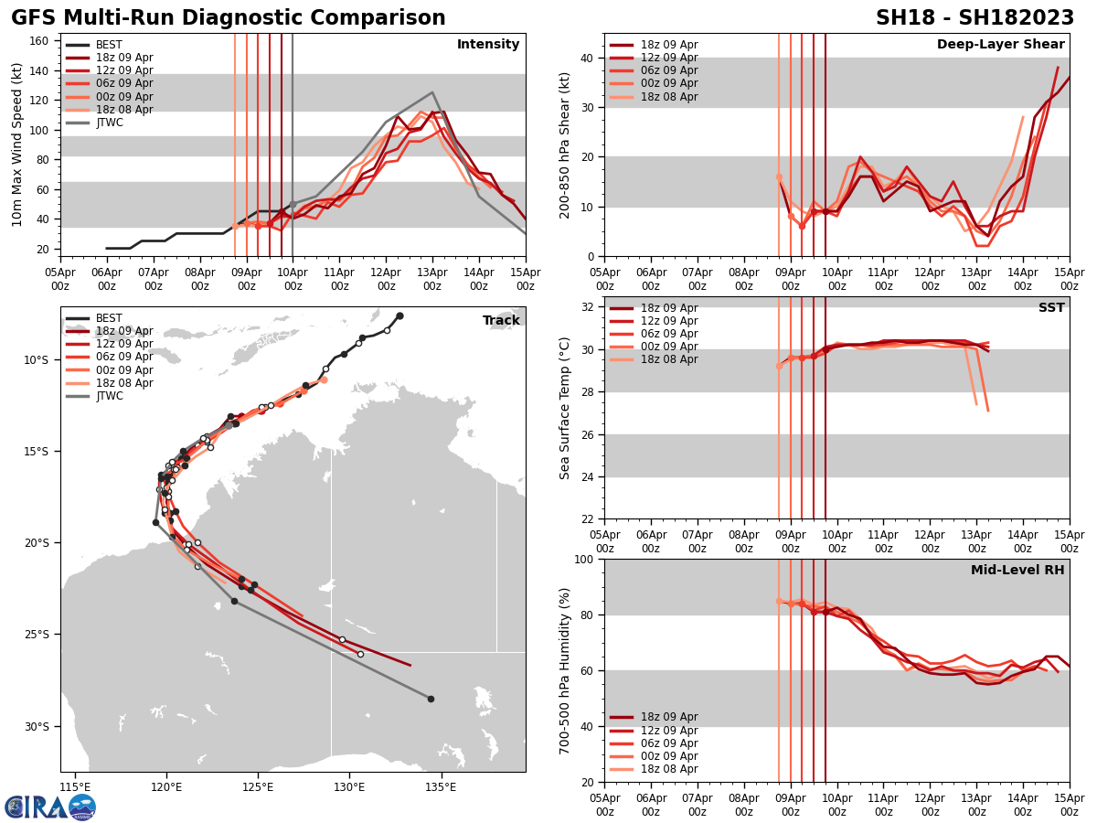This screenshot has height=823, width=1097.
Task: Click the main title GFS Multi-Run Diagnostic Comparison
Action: (x=229, y=18)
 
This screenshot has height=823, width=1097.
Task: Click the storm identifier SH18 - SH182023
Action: (x=975, y=18)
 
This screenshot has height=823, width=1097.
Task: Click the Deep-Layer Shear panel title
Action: (x=1000, y=45)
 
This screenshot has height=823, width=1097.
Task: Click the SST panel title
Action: (x=1050, y=308)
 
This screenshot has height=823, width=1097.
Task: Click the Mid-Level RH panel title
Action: (x=1017, y=571)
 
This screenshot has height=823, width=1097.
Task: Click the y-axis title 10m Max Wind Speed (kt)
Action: (x=17, y=144)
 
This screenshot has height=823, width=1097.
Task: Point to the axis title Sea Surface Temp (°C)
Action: (x=565, y=408)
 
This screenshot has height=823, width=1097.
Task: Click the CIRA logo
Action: (x=50, y=807)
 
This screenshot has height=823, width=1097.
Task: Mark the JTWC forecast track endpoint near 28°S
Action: (x=431, y=699)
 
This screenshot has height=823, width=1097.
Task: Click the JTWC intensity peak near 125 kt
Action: (x=432, y=92)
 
